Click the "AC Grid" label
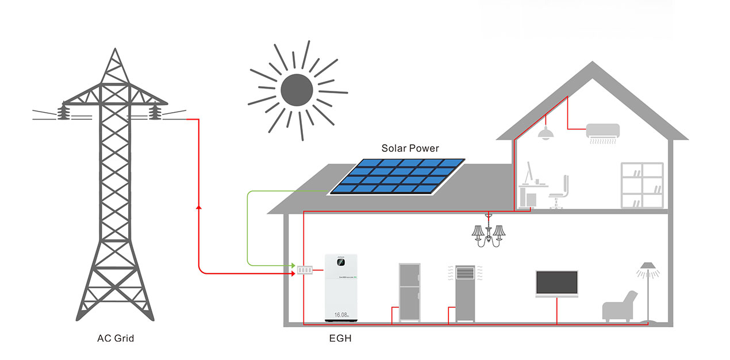tap(116, 338)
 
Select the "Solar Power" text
tap(410, 148)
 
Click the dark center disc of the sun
tap(296, 89)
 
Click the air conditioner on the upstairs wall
tap(602, 132)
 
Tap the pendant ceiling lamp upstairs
tap(545, 134)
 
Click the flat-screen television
tap(556, 282)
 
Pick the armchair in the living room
tap(620, 306)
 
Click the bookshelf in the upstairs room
tap(641, 185)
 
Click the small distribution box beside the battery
tap(304, 269)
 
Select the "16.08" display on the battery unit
tap(341, 315)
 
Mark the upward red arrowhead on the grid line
tap(198, 206)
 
